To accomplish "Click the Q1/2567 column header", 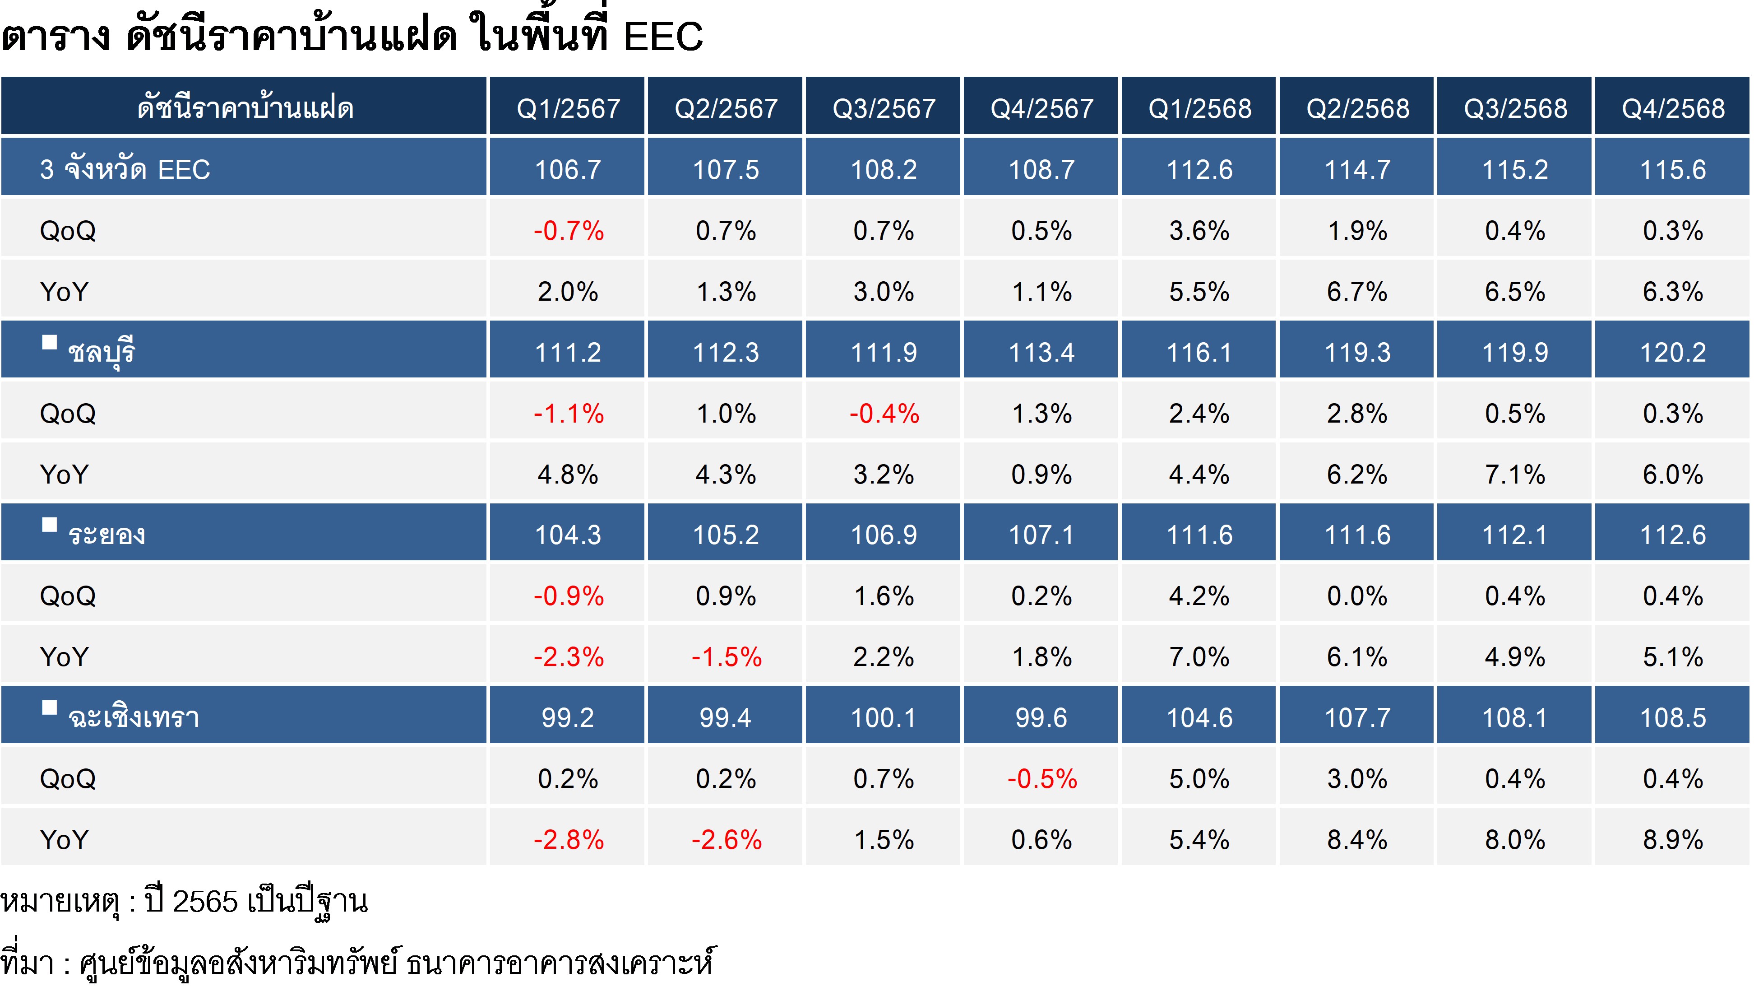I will (567, 108).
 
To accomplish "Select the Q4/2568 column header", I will (1673, 108).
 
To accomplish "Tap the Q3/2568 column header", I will (1515, 108).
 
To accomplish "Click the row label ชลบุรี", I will (101, 352).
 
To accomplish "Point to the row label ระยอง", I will (106, 534).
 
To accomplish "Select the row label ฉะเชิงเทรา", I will (133, 717).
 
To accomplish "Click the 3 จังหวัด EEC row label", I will (125, 169).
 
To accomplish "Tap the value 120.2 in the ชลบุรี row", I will (1673, 352).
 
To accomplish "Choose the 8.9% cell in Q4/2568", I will (1673, 839).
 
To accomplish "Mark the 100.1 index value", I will (883, 717).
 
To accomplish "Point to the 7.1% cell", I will (1515, 474).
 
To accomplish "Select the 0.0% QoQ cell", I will (1357, 596).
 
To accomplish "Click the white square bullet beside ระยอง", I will (49, 525).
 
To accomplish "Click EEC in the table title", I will (662, 36).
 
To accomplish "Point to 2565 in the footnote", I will (204, 902).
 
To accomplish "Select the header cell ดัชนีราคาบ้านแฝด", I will (245, 108).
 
